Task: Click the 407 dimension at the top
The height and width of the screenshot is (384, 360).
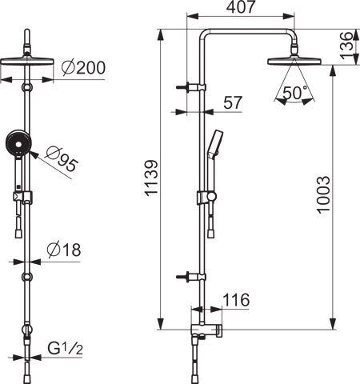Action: (x=241, y=7)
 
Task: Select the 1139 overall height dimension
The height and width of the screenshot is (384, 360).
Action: (x=152, y=178)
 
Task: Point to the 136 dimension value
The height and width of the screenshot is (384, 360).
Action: (x=346, y=46)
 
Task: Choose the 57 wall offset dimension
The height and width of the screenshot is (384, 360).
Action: (x=233, y=102)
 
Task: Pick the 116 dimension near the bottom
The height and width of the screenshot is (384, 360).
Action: (x=236, y=300)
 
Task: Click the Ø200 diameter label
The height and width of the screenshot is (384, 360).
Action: (x=83, y=68)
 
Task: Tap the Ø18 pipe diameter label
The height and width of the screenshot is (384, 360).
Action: (x=64, y=250)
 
